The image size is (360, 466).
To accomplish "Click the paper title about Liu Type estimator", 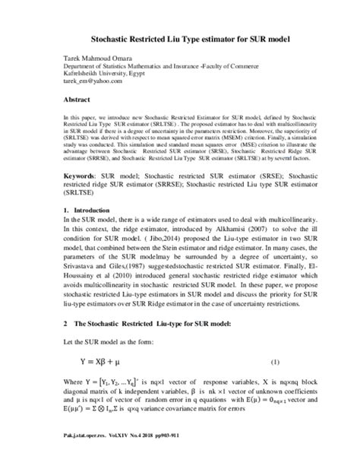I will (179, 36).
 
